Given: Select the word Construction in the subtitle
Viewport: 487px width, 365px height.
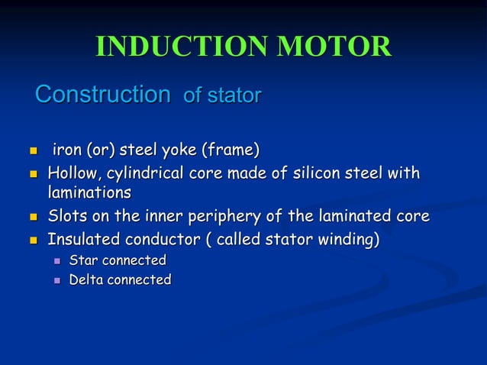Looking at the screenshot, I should coord(103,95).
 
